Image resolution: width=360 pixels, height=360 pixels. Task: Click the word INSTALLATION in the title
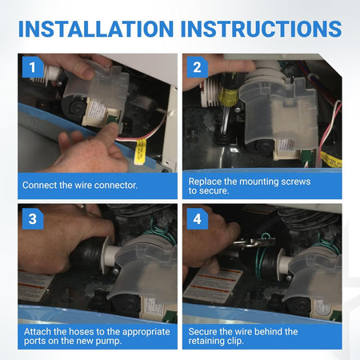pyautogui.click(x=96, y=29)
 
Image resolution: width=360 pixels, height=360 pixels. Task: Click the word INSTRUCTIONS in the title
pyautogui.click(x=262, y=29)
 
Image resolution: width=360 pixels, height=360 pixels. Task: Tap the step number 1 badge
pyautogui.click(x=33, y=67)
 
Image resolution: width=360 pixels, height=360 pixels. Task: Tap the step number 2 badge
pyautogui.click(x=198, y=67)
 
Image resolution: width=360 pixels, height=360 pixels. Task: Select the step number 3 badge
pyautogui.click(x=33, y=219)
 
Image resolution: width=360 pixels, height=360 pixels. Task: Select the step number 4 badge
pyautogui.click(x=198, y=219)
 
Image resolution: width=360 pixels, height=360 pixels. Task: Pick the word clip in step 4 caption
pyautogui.click(x=235, y=341)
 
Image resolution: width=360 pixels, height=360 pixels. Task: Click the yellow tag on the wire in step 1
pyautogui.click(x=140, y=151)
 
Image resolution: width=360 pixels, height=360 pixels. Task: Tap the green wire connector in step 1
pyautogui.click(x=113, y=118)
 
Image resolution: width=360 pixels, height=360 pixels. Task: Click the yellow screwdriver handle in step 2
pyautogui.click(x=228, y=97)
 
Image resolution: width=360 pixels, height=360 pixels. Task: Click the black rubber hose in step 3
pyautogui.click(x=86, y=254)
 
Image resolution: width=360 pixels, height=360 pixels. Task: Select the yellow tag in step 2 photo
pyautogui.click(x=331, y=159)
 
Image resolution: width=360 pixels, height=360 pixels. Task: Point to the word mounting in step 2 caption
pyautogui.click(x=257, y=182)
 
